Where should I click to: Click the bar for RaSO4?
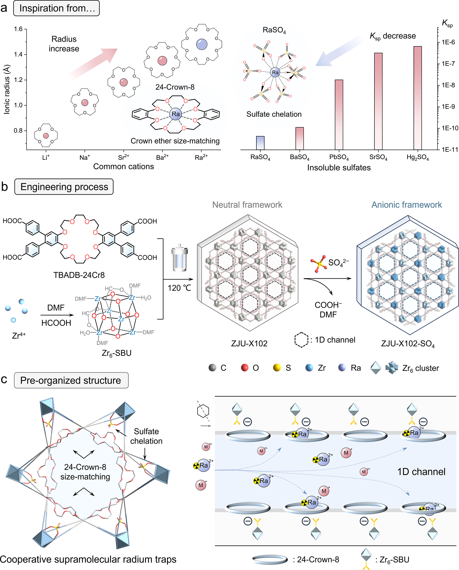pos(260,143)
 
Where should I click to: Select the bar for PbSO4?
pos(339,115)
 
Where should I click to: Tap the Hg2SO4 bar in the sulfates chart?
pos(418,98)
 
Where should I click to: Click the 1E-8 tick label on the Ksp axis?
pos(448,85)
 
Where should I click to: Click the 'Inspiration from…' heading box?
pos(56,8)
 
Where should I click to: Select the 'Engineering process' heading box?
pos(64,187)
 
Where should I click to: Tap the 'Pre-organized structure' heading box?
pos(71,380)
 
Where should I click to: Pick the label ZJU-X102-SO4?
pos(408,344)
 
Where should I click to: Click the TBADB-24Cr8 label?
pos(79,275)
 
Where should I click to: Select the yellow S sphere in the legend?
pos(277,368)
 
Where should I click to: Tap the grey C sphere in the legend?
pos(212,368)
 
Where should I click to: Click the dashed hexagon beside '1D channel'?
pos(301,340)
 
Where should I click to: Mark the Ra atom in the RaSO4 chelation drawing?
pos(275,72)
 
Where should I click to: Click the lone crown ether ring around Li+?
pos(46,135)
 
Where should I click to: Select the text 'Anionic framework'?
pos(406,205)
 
